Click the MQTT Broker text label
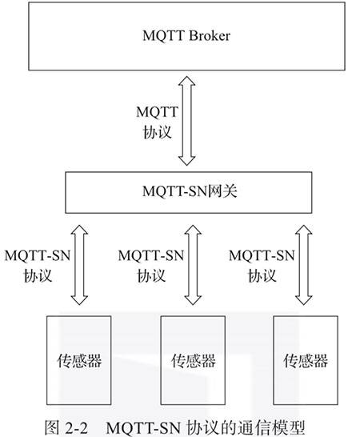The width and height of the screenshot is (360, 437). (186, 36)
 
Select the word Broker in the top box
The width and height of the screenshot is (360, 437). (210, 36)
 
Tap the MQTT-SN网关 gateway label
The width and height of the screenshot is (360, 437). (190, 191)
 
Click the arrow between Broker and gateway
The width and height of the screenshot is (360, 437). (186, 121)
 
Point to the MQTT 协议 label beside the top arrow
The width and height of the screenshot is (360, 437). (157, 122)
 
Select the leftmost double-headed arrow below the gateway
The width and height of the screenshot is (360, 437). (79, 265)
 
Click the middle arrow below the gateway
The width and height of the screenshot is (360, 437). (193, 265)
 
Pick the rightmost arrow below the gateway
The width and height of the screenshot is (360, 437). (304, 265)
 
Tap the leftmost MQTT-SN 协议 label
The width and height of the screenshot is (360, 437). (38, 266)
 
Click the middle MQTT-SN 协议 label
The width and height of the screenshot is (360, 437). (151, 266)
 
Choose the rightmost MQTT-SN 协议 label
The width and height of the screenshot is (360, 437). (262, 266)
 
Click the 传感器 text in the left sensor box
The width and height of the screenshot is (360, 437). (79, 361)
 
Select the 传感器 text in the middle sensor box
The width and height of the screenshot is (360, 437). (194, 361)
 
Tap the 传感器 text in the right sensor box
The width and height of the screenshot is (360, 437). (306, 361)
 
